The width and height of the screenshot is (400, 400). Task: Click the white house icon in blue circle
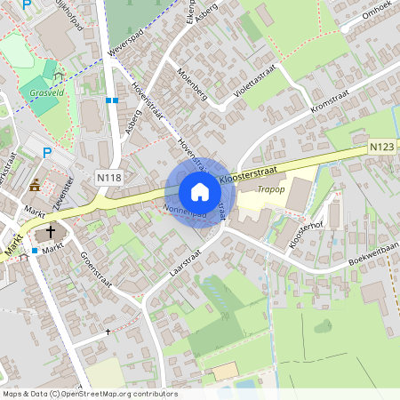tap(199, 191)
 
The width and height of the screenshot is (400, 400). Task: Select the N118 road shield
tap(108, 179)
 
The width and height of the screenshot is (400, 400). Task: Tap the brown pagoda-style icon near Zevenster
tap(35, 185)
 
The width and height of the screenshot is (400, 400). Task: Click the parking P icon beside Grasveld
tap(47, 152)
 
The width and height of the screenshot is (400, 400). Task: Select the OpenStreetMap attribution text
tap(89, 394)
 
